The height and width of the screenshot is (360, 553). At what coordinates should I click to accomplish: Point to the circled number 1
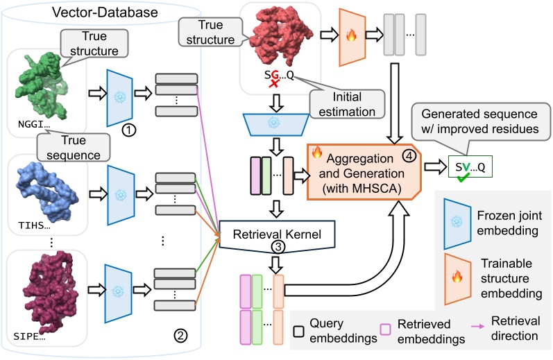pos(127,129)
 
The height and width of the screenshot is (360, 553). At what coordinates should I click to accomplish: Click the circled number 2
pos(180,336)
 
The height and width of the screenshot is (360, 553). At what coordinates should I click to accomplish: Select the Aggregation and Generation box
pos(365,170)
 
